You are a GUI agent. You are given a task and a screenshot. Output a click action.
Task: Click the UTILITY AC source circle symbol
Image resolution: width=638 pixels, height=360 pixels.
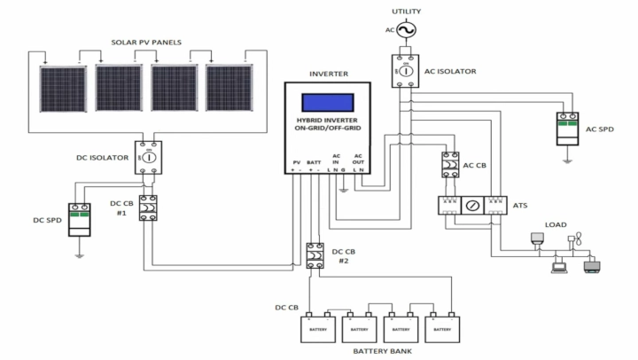[x=406, y=31]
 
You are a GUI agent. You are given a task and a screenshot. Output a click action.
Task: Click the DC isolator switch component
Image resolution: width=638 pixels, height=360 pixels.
[x=149, y=157]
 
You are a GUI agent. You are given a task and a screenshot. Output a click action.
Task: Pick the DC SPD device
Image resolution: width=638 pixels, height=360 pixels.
[x=81, y=217]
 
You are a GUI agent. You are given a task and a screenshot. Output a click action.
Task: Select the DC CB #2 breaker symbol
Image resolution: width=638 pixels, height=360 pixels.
[x=314, y=255]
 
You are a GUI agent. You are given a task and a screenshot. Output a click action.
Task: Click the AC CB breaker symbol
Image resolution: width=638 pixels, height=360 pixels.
[x=449, y=166]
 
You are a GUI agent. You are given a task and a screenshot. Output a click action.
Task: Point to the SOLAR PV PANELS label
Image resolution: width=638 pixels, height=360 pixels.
[x=147, y=42]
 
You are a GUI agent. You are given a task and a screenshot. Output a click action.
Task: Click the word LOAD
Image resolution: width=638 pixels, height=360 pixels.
[x=556, y=224]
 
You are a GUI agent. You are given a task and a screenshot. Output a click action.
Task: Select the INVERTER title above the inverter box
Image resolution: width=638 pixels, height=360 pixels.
[x=328, y=74]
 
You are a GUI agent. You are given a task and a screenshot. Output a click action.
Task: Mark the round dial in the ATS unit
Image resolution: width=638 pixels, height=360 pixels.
[x=471, y=206]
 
